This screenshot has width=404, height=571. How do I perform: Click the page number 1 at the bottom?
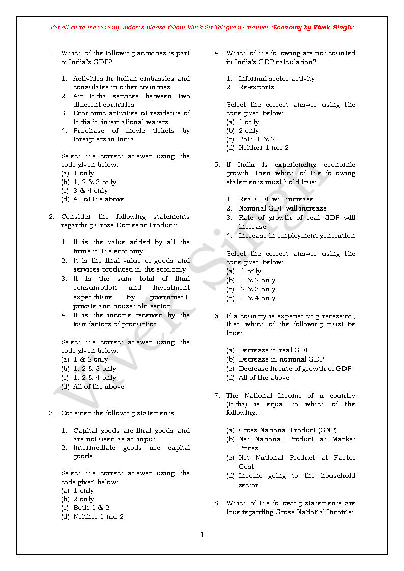coord(202,534)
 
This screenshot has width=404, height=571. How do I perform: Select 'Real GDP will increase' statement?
coord(276,199)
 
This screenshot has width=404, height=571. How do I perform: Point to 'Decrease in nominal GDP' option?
coord(281,359)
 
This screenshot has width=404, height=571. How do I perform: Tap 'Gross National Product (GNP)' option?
coord(287,430)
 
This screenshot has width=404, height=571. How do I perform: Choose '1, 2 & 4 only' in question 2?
coord(95,378)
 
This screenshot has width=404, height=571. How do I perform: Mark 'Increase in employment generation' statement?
coord(297,235)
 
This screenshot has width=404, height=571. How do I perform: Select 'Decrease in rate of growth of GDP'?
coord(295,368)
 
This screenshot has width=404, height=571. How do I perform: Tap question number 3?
coord(51,413)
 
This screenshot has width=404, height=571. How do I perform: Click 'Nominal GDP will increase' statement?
coord(282,208)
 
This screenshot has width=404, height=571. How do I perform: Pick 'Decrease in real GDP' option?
coord(274,350)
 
